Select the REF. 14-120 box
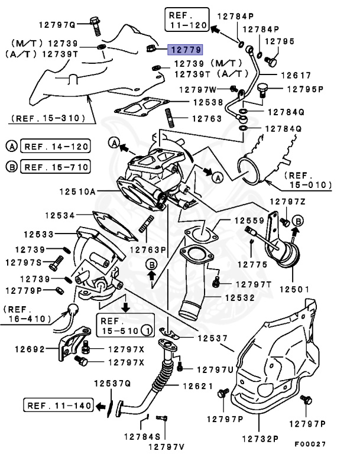[55, 145]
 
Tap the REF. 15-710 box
[55, 167]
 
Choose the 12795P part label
[306, 90]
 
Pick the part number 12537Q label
[111, 384]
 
